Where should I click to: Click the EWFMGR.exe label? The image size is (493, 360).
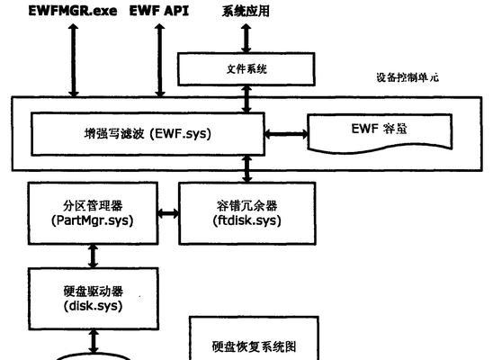[73, 11]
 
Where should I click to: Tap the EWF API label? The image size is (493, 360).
[159, 11]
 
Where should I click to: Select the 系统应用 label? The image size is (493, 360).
[246, 11]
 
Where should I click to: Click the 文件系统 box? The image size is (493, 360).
[246, 69]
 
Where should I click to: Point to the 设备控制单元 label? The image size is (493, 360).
[408, 77]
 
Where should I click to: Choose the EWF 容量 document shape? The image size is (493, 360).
[380, 133]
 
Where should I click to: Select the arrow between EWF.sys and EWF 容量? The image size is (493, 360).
[286, 134]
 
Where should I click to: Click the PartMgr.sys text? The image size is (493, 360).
[93, 220]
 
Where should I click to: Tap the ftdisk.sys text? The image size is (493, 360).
[247, 220]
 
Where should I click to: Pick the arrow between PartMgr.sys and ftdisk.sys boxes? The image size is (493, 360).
[168, 214]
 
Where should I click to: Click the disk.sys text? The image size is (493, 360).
[93, 306]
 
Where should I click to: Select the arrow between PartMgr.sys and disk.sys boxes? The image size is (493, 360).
[93, 256]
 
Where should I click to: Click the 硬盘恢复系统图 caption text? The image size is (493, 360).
[254, 346]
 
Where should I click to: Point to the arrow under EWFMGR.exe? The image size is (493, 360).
[74, 60]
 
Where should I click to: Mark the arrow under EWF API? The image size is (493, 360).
[160, 60]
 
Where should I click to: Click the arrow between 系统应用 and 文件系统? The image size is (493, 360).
[246, 39]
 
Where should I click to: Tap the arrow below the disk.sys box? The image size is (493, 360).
[94, 341]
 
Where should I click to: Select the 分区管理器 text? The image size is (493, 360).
[93, 206]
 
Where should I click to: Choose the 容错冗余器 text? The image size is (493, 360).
[247, 206]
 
